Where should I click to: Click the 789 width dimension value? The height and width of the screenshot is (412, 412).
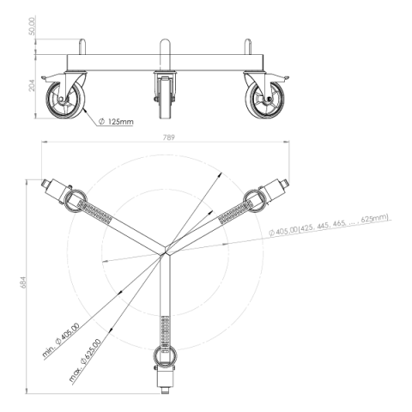169,137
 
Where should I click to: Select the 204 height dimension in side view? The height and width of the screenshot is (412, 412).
32,85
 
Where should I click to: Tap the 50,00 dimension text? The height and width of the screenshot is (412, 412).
32,26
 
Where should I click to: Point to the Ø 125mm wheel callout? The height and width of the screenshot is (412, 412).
116,122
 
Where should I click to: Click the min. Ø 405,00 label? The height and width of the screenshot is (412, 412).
61,340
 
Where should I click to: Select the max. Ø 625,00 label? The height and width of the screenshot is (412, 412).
85,360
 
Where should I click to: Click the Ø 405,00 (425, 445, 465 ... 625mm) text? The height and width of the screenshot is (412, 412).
329,225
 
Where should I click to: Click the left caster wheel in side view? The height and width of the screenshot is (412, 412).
65,100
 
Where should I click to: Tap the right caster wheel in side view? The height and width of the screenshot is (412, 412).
264,100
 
